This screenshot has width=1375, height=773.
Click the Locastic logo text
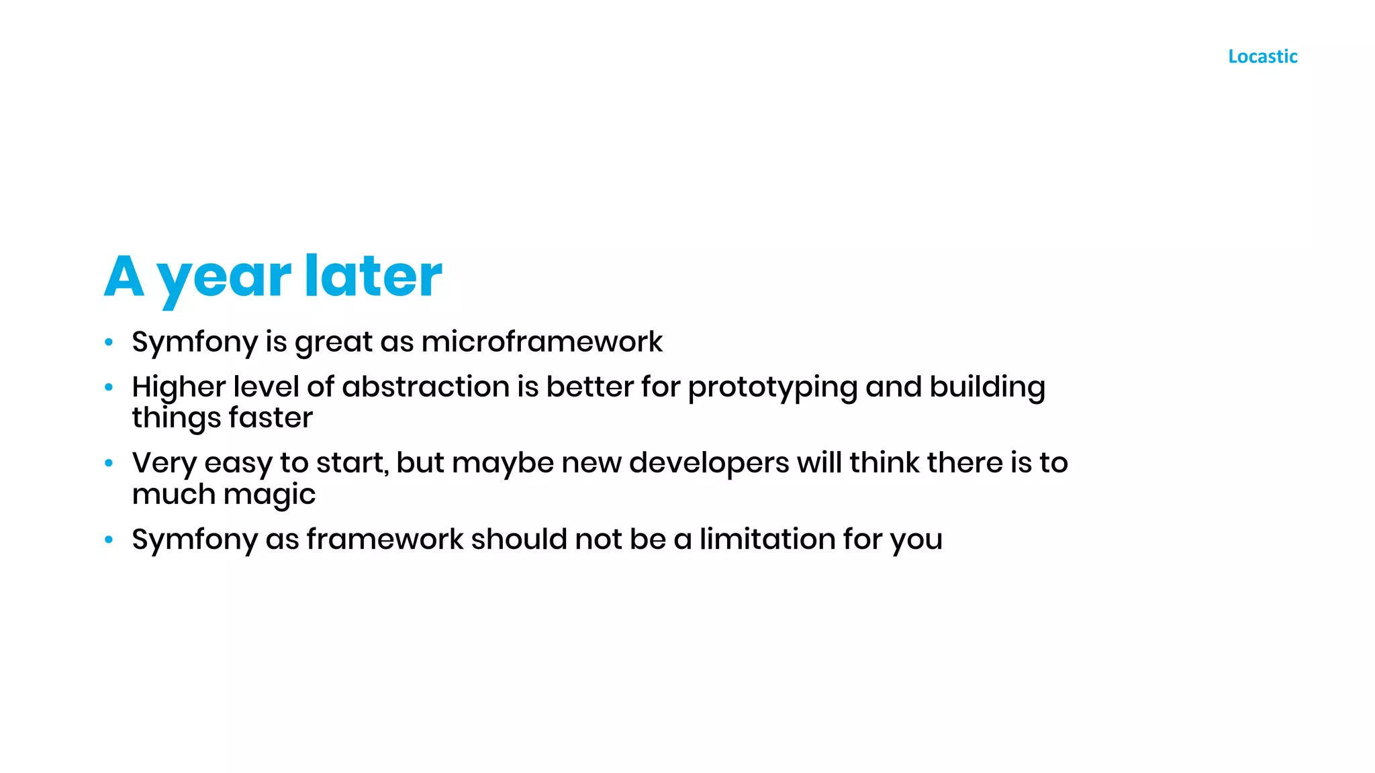(x=1262, y=56)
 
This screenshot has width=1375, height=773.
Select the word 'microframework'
(x=542, y=342)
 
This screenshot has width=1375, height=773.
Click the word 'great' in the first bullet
(x=334, y=343)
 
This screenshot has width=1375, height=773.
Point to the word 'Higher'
(x=179, y=388)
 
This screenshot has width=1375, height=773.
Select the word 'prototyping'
(x=773, y=388)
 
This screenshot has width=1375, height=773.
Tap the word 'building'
(x=988, y=388)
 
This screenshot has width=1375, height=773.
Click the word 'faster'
(x=271, y=417)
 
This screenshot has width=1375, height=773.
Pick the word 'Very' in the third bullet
(x=164, y=463)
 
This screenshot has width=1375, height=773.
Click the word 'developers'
(x=709, y=463)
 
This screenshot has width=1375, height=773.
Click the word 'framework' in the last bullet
(x=385, y=539)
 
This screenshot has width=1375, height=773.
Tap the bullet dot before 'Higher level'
(x=109, y=387)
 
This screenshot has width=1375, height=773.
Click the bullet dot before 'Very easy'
(x=109, y=463)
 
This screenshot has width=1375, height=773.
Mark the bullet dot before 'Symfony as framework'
(x=109, y=539)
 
